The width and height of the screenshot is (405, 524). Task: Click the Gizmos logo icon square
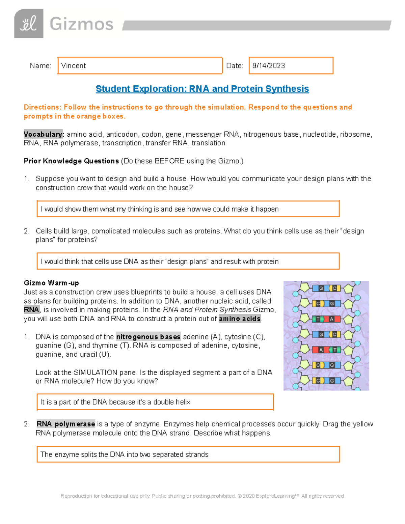pyautogui.click(x=29, y=24)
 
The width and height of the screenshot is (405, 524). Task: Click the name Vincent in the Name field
pyautogui.click(x=74, y=66)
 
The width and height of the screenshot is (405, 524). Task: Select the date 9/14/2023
pyautogui.click(x=269, y=66)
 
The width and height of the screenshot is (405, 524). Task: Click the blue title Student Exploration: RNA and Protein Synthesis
pyautogui.click(x=202, y=89)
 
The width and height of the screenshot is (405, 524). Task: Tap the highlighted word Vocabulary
pyautogui.click(x=44, y=134)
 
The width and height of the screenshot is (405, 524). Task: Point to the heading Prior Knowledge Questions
pyautogui.click(x=71, y=161)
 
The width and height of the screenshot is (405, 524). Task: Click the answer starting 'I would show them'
pyautogui.click(x=159, y=209)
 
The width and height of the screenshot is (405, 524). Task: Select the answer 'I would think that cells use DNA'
pyautogui.click(x=159, y=261)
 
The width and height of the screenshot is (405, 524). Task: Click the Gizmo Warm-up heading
pyautogui.click(x=51, y=283)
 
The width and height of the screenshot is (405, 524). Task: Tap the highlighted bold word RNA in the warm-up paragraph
pyautogui.click(x=31, y=310)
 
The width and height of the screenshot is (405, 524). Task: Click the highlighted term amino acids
pyautogui.click(x=240, y=319)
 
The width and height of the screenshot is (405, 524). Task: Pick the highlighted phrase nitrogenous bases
pyautogui.click(x=148, y=337)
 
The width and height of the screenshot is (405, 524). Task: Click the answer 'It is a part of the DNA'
pyautogui.click(x=115, y=402)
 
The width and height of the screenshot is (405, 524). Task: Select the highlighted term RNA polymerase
pyautogui.click(x=66, y=424)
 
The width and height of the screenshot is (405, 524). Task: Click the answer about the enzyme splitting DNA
pyautogui.click(x=124, y=454)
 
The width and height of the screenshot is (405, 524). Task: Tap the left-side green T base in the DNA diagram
pyautogui.click(x=317, y=319)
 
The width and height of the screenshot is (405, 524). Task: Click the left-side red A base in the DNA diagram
pyautogui.click(x=321, y=350)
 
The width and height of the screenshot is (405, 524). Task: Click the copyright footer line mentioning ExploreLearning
pyautogui.click(x=202, y=496)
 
